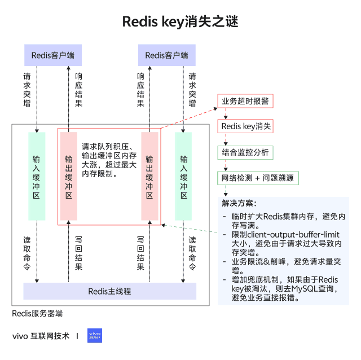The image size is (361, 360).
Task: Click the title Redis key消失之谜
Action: coord(180,22)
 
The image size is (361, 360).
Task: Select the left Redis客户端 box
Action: coord(53,55)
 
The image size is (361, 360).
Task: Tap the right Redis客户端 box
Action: coord(166,55)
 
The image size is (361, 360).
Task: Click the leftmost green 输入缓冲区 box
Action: coord(37,176)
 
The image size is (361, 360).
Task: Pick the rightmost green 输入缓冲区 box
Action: coord(183,176)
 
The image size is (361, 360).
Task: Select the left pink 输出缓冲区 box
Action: coord(68,176)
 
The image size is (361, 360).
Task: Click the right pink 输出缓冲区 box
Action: coord(149,176)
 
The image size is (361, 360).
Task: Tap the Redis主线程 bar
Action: coord(109,291)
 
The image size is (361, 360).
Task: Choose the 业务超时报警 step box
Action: coord(245,101)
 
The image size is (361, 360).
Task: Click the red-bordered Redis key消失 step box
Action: coord(245,126)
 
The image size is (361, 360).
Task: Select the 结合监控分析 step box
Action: coord(245,152)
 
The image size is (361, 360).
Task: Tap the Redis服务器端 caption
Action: coord(37,313)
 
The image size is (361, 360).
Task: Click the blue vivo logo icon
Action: coord(95,336)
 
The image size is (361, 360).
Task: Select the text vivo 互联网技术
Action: coord(41,336)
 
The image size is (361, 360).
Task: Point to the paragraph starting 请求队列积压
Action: coord(109,159)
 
